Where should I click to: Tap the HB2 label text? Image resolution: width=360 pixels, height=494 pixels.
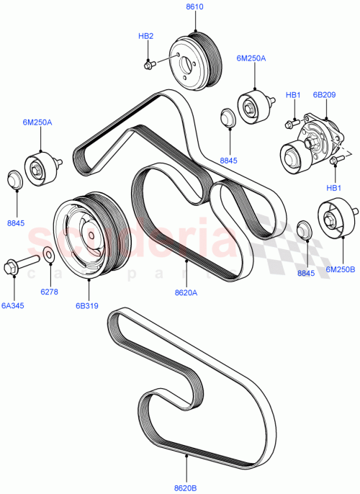tap(146, 35)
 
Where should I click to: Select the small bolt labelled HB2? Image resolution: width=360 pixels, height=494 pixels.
tap(149, 65)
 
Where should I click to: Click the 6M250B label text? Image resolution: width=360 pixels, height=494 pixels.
tap(341, 269)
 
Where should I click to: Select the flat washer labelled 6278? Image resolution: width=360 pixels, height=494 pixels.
tap(48, 253)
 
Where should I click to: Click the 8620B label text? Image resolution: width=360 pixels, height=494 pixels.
tap(186, 486)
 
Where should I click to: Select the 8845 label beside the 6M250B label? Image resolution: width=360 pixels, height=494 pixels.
tap(305, 274)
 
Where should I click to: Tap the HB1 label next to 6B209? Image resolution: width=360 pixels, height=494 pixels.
tap(292, 94)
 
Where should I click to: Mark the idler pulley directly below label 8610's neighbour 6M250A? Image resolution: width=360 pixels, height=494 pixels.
tap(252, 107)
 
